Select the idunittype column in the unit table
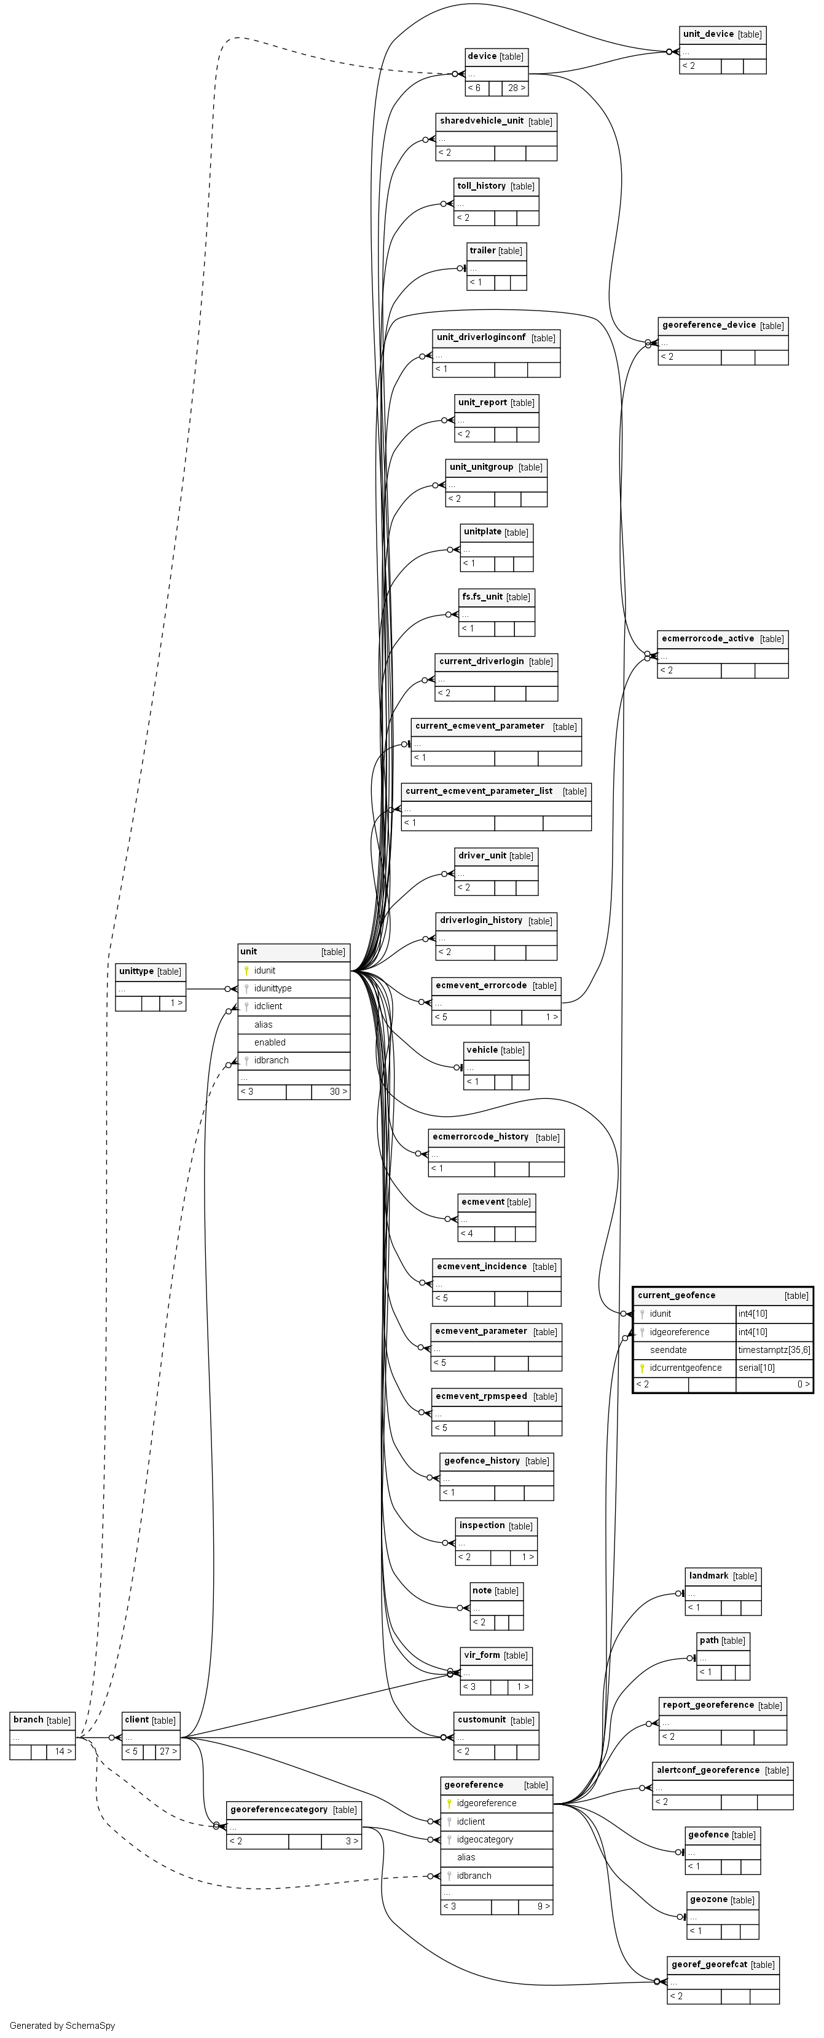point(273,988)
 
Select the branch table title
point(28,1720)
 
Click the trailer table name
point(482,251)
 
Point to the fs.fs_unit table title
point(482,597)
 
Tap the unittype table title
point(135,972)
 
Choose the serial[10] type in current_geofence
point(757,1368)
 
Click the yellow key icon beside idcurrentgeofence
point(642,1368)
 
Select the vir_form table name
point(482,1655)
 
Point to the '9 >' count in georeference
point(543,1906)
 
